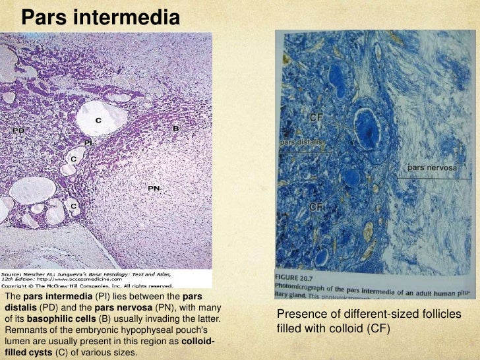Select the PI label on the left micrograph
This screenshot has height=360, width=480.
[88, 142]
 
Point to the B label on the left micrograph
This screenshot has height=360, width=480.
[176, 129]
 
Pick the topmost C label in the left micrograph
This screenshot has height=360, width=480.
[98, 120]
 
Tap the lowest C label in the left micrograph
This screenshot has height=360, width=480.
[75, 206]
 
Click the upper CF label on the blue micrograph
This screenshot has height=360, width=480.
[317, 117]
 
